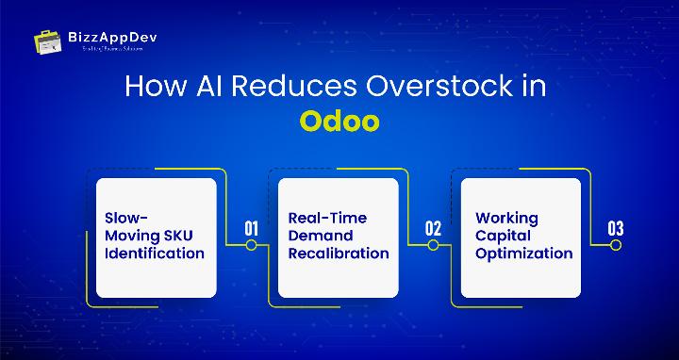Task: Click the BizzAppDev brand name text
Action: coord(101,36)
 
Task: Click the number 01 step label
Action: coord(252,228)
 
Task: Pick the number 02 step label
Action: coord(434,228)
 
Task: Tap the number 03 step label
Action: coord(616,228)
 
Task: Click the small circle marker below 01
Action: coord(252,245)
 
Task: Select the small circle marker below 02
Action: coord(434,245)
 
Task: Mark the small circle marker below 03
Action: coord(616,245)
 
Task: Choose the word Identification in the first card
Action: coord(154,253)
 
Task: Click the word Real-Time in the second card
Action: coord(327,217)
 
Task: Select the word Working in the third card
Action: coord(506,217)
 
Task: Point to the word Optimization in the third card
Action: coord(523,253)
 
